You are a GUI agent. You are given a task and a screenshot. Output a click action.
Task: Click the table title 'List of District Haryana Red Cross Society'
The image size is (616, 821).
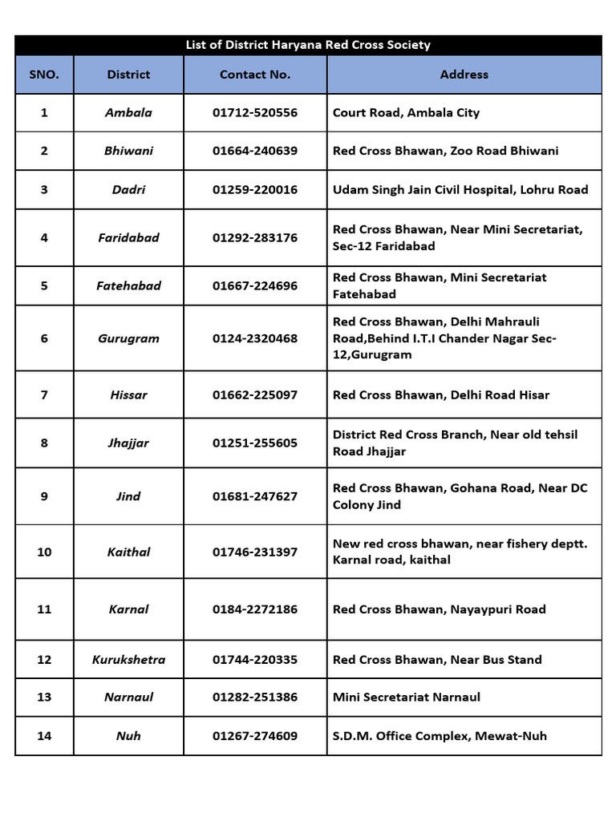click(308, 45)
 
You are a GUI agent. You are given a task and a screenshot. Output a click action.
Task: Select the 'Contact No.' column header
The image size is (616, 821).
click(255, 75)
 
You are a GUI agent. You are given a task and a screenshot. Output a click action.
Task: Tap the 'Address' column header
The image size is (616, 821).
click(464, 75)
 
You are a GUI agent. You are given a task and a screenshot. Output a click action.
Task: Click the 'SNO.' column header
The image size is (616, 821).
click(44, 75)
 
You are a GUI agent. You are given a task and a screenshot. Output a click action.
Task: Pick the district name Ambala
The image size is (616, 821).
click(128, 113)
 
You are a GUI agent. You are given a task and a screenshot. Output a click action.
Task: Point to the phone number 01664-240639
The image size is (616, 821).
click(255, 151)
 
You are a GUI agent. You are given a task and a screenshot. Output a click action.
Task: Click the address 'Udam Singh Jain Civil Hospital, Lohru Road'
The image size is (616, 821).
click(460, 190)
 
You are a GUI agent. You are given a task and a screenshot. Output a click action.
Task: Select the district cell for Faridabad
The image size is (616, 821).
click(128, 238)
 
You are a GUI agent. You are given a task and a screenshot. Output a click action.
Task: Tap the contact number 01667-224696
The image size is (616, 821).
click(255, 286)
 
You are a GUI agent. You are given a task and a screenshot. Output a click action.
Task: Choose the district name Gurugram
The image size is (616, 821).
click(128, 338)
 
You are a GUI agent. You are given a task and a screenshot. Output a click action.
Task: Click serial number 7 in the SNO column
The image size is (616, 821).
click(44, 395)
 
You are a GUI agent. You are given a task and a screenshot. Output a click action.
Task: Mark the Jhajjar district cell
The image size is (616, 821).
click(128, 443)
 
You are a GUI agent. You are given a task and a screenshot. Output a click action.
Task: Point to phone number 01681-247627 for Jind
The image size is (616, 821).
click(255, 496)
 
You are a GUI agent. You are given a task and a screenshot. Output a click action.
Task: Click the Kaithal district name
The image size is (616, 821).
click(128, 552)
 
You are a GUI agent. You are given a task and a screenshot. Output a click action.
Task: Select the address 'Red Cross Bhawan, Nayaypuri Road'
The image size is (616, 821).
click(439, 609)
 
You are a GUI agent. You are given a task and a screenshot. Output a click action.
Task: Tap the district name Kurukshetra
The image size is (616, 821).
click(128, 660)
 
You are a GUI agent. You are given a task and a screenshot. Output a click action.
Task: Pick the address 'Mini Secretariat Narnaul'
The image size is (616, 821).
click(407, 698)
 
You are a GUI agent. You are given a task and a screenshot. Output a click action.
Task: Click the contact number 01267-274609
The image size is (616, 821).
click(255, 736)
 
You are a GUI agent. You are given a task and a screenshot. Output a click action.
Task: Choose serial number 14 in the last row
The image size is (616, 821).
click(44, 736)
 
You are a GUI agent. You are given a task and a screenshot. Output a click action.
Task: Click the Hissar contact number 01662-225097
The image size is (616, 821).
click(255, 395)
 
